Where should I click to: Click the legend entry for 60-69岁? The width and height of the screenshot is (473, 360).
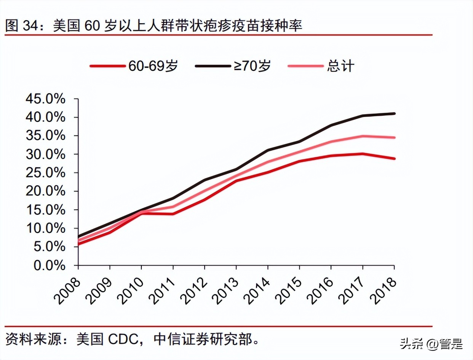coord(134,66)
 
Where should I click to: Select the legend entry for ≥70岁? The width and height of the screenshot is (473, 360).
coord(233,66)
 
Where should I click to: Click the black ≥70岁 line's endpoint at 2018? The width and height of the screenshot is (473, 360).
coord(394,113)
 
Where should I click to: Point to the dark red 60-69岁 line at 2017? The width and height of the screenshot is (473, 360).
coord(363,154)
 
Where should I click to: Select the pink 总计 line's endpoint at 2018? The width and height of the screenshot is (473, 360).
coord(394,137)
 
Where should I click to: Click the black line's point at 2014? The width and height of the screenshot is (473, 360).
coord(268,150)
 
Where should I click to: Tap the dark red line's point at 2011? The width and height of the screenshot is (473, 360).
coord(173,214)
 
